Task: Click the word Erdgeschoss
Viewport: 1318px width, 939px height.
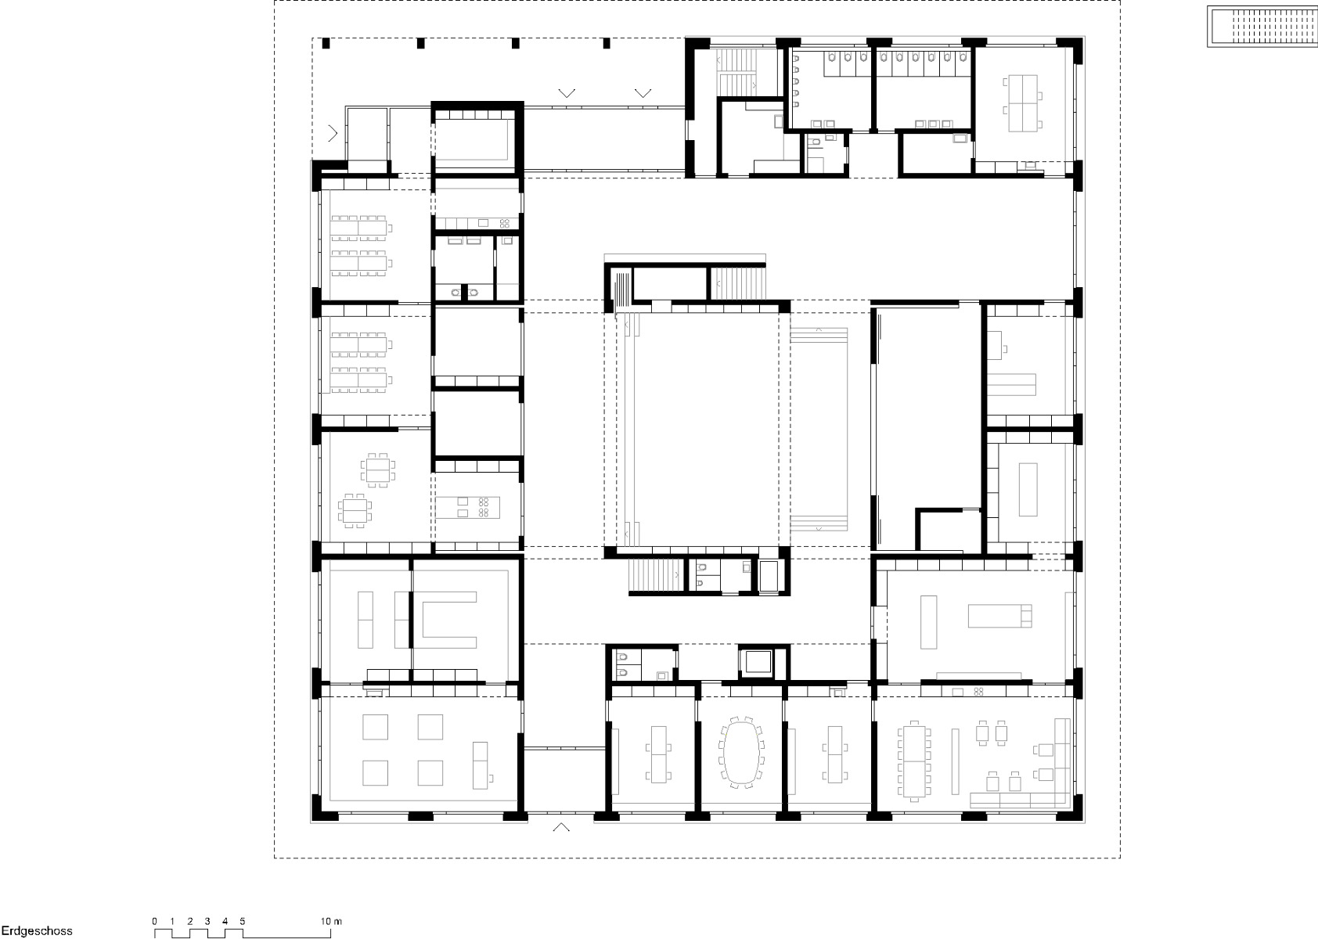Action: (x=36, y=931)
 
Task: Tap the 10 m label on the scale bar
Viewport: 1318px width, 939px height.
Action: (x=330, y=921)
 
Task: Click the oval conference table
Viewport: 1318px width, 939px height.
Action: (x=740, y=751)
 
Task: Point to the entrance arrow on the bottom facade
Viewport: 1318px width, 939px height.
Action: (x=561, y=827)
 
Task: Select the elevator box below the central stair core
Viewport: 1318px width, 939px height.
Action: (x=758, y=662)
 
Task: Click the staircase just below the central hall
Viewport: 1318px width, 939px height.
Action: (x=656, y=576)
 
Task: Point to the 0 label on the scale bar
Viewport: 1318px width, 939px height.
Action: (x=155, y=921)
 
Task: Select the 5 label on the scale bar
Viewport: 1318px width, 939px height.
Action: (x=243, y=921)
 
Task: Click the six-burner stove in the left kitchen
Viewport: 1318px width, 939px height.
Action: (x=483, y=506)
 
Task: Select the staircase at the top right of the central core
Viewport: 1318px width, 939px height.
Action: (x=737, y=282)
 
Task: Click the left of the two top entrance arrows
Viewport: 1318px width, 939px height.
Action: (x=567, y=93)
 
